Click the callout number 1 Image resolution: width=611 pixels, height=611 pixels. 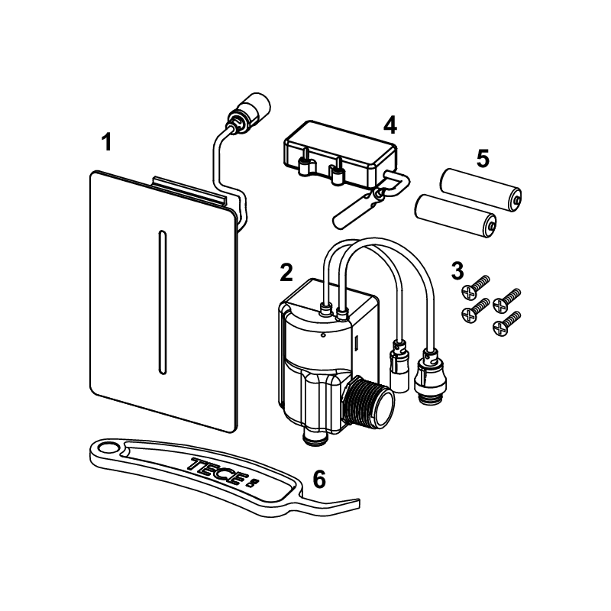[106, 142]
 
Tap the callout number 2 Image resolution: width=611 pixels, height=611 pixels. [286, 272]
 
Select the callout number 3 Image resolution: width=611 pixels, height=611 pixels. [457, 270]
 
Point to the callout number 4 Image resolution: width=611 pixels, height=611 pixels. [390, 124]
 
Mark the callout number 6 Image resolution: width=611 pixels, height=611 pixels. [319, 479]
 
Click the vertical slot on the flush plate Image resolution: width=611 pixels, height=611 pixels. [162, 303]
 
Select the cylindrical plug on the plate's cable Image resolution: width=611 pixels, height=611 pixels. [254, 107]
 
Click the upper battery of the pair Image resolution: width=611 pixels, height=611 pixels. [481, 190]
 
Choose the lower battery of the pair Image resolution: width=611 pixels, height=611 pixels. [455, 216]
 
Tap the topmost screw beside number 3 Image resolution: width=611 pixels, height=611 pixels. [475, 287]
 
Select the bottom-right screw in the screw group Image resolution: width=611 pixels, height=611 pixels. [506, 323]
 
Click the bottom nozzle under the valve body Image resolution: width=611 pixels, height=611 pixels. [315, 435]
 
